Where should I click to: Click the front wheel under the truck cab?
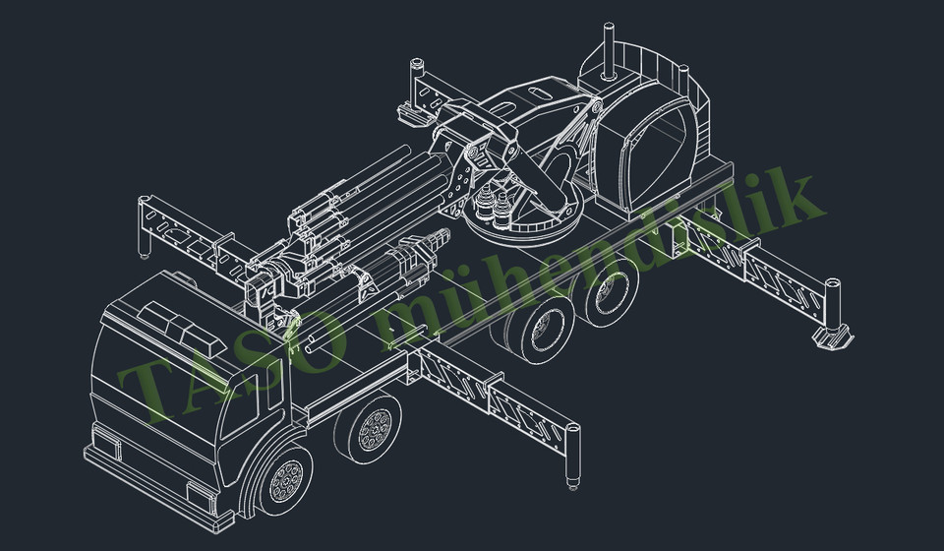tap(286, 481)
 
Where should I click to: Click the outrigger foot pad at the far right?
tap(834, 339)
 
